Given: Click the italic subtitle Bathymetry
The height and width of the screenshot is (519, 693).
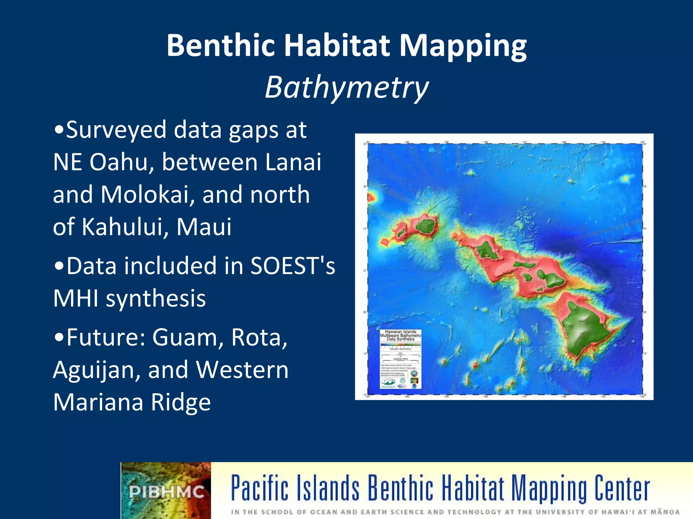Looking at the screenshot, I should (346, 87).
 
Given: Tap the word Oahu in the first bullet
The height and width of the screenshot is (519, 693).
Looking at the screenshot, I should (119, 162).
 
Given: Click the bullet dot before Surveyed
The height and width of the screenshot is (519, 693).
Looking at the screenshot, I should (59, 130).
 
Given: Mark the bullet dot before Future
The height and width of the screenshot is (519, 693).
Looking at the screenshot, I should (59, 338).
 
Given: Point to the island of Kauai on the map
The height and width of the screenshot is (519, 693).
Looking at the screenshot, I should (426, 224).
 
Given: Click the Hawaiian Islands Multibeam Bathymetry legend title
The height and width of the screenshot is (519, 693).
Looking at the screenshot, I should (400, 335).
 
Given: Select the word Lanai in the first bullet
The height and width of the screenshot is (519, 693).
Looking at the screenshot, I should (293, 162).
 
